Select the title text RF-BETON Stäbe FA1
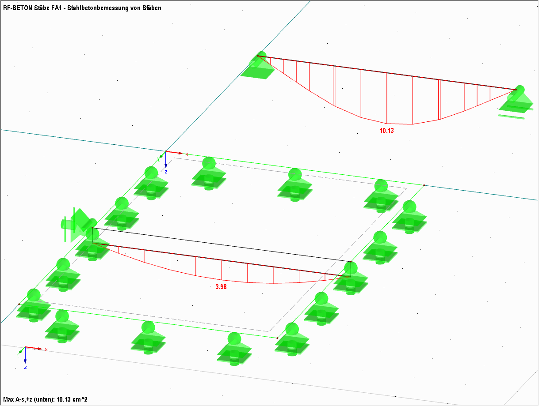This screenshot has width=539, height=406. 32,8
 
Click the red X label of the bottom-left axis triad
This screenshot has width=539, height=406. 46,350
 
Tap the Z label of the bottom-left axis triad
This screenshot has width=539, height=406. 25,367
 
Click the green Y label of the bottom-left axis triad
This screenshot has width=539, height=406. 18,354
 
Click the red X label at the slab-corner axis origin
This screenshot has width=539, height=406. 187,154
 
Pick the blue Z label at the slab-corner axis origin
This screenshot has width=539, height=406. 166,172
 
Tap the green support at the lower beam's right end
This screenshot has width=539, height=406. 351,278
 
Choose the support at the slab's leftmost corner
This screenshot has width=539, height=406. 34,304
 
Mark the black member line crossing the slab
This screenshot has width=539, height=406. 221,245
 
